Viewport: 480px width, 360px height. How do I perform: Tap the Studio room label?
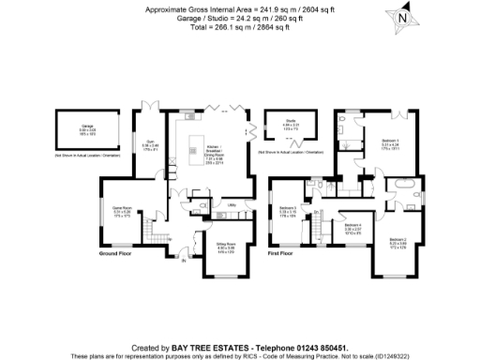(291, 120)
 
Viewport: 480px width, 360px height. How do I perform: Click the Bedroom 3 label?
(288, 207)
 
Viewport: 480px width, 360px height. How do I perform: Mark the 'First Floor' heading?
(281, 254)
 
